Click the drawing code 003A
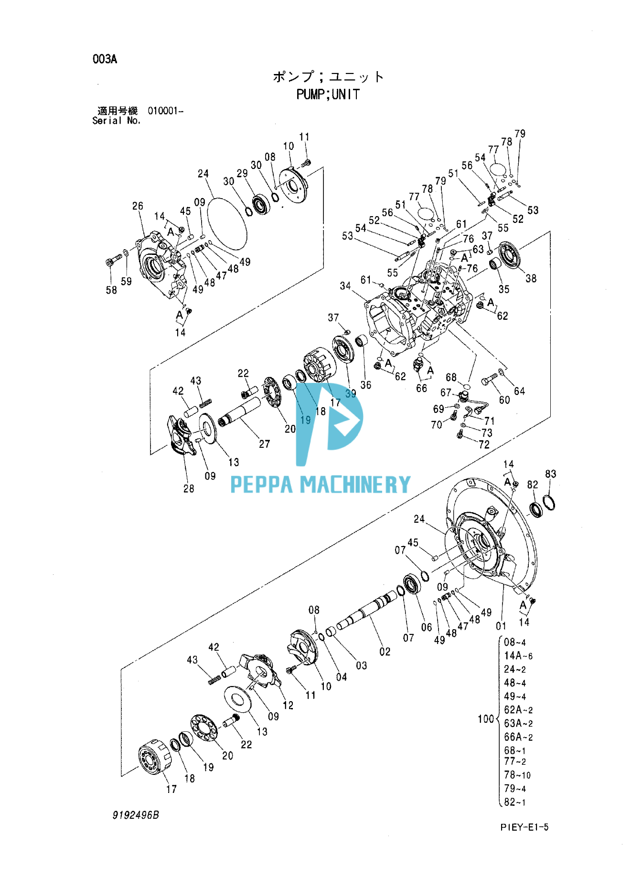pos(105,59)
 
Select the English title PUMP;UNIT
pos(328,95)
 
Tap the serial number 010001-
pos(165,111)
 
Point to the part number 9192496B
pos(136,815)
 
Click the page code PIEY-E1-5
pos(524,827)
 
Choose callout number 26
pos(138,206)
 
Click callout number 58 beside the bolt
pos(111,290)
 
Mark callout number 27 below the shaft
pos(264,444)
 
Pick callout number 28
pos(189,488)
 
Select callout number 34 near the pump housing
pos(345,286)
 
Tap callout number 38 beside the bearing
pos(531,278)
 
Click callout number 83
pos(550,474)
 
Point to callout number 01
pos(501,626)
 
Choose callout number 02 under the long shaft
pos(385,652)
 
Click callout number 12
pos(288,705)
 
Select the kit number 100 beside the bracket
pos(485,719)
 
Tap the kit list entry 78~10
pos(517,775)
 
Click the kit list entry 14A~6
pos(518,656)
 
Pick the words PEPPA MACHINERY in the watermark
pos(320,485)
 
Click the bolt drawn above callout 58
pos(114,261)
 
